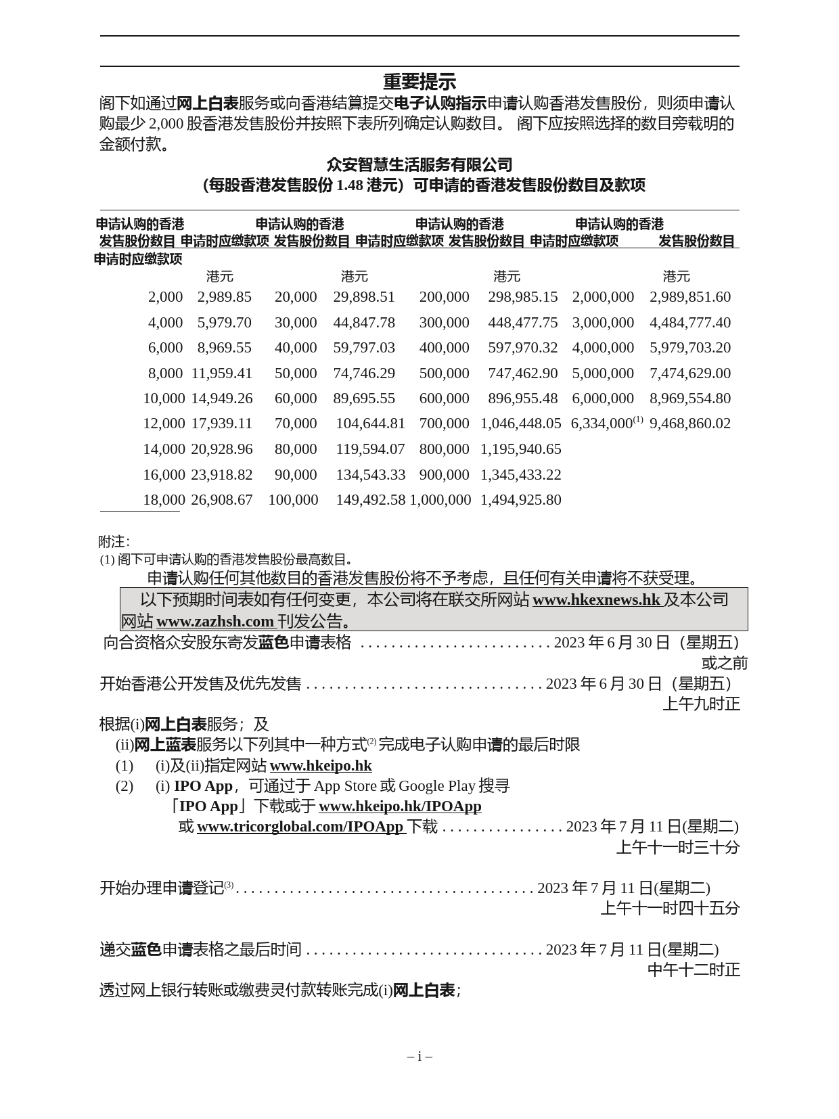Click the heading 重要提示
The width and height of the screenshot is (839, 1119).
coord(419,82)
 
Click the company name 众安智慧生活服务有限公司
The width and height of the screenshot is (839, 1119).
coord(419,164)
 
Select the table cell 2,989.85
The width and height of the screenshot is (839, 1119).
coord(224,297)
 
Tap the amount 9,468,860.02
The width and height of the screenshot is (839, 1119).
coord(689,424)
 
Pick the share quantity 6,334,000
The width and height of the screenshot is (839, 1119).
coord(602,424)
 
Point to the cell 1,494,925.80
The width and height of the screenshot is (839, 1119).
coord(520,500)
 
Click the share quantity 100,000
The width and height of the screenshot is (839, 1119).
coord(293,500)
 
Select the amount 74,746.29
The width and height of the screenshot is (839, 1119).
coord(363,373)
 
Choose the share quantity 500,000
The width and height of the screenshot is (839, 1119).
coord(444,373)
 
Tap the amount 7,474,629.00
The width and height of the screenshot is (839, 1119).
coord(689,373)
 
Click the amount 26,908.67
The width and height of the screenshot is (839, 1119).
coord(221,500)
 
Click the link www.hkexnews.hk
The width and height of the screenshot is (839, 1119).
coord(596,600)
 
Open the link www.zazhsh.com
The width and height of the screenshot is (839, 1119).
coord(215,622)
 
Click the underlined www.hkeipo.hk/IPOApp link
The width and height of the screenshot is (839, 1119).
coord(400,806)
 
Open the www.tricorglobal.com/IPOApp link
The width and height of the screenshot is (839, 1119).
coord(300,827)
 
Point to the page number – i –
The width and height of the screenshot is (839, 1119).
coord(419,1056)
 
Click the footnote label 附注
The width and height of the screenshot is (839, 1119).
coord(113,542)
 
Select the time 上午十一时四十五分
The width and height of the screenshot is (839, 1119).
coord(670,909)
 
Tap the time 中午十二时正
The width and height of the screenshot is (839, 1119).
coord(694,970)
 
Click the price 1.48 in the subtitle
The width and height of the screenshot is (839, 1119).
coord(349,185)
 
